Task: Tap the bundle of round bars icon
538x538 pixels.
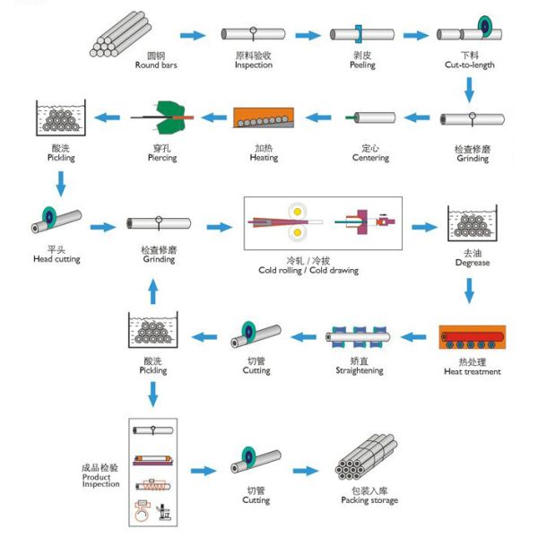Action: [x=122, y=35]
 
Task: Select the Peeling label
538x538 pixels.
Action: [x=362, y=65]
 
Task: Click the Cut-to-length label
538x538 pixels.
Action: [x=469, y=65]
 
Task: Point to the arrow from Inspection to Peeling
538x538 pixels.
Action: [x=308, y=35]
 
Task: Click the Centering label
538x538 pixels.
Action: [x=370, y=158]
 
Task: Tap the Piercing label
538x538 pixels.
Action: [x=161, y=158]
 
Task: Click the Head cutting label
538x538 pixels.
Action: [x=56, y=259]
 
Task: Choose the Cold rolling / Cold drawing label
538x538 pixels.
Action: [x=308, y=270]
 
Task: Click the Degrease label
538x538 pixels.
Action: [x=472, y=263]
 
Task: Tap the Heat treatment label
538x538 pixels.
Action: [x=472, y=371]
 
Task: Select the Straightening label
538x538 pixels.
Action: [x=360, y=369]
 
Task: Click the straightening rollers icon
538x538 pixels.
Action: [x=359, y=338]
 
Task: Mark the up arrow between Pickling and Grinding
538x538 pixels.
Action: [x=151, y=291]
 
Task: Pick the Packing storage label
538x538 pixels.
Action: [x=369, y=500]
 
